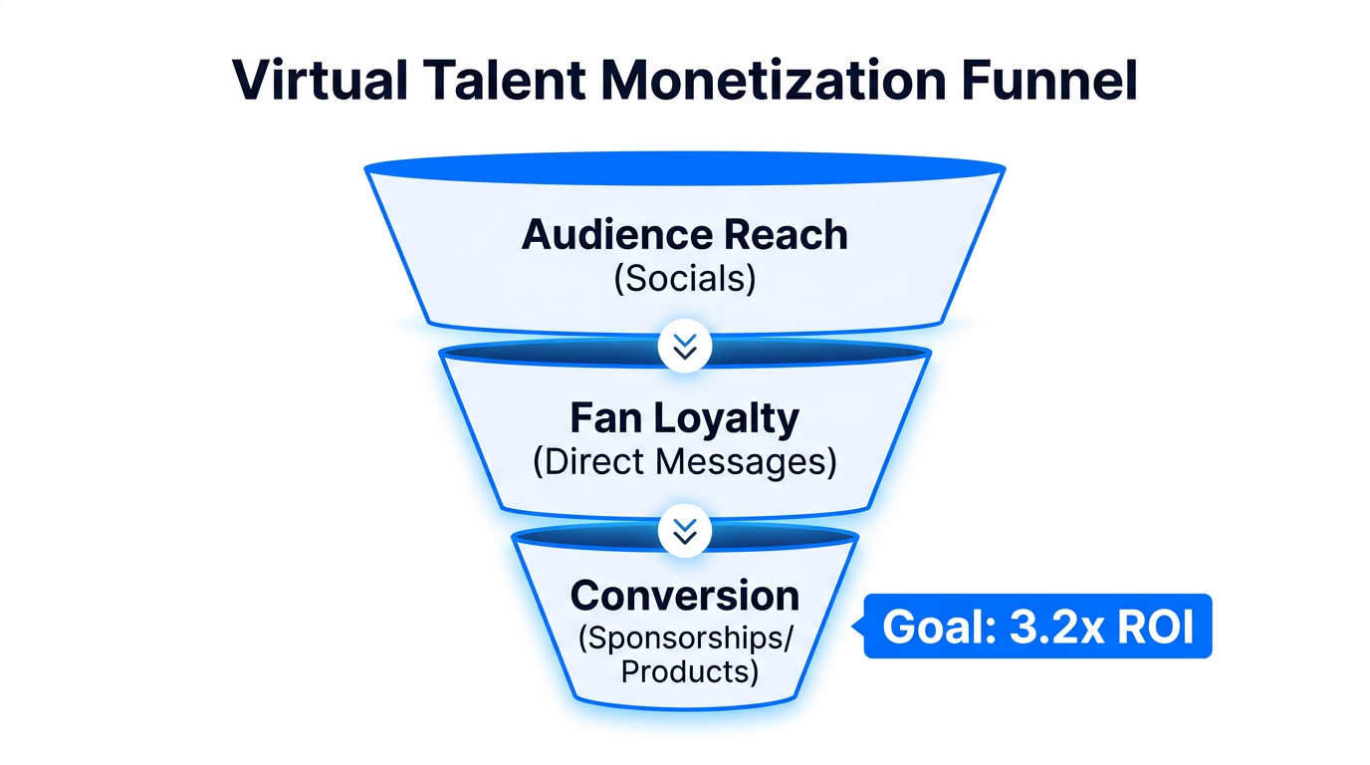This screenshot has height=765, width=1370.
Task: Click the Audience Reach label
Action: [x=685, y=235]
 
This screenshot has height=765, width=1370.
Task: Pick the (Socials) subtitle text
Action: [x=685, y=278]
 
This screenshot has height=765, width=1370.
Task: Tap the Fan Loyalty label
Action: [x=685, y=419]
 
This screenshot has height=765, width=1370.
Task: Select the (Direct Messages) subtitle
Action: [x=685, y=463]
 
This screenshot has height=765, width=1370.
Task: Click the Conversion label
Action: [x=685, y=596]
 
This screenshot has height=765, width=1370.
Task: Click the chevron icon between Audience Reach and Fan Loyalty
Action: [x=685, y=347]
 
